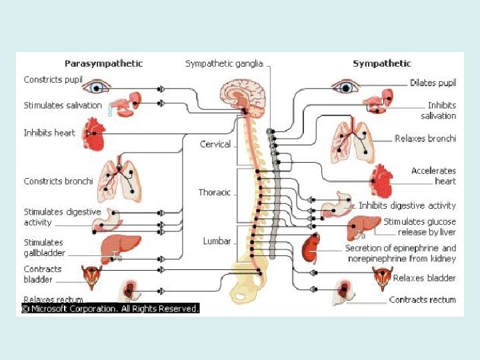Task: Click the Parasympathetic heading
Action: [x=103, y=64]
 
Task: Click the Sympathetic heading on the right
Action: [x=382, y=64]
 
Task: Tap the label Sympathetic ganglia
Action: [x=224, y=64]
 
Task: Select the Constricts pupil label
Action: [x=53, y=80]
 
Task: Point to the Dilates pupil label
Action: [x=433, y=83]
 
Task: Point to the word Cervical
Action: [x=215, y=144]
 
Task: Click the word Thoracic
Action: [x=215, y=193]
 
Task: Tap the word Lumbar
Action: [x=217, y=241]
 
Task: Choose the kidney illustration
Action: [x=311, y=249]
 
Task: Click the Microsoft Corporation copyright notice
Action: [x=111, y=309]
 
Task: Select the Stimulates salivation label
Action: [x=63, y=105]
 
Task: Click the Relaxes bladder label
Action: [x=424, y=278]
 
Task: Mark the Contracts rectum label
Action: [x=423, y=300]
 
